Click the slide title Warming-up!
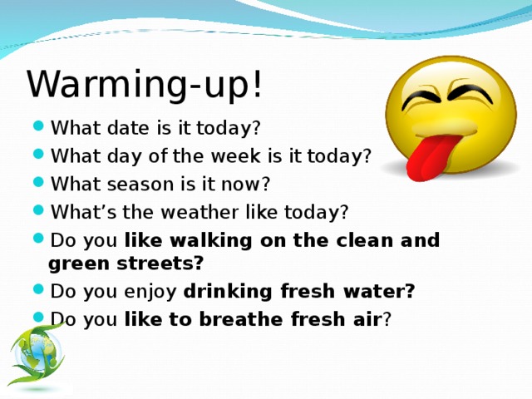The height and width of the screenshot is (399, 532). [145, 85]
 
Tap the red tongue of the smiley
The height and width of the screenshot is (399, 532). [431, 156]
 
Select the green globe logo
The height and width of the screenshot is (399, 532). [37, 352]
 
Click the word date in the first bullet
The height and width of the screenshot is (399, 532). [127, 128]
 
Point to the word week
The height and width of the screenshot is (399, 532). [236, 155]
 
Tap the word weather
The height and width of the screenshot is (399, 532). [199, 212]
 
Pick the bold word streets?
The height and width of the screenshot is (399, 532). [160, 264]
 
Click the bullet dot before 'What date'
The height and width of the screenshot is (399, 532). [39, 126]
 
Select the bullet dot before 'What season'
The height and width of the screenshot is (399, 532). [39, 182]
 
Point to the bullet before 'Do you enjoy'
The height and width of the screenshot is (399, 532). [39, 289]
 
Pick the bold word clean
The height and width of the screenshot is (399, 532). [364, 240]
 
